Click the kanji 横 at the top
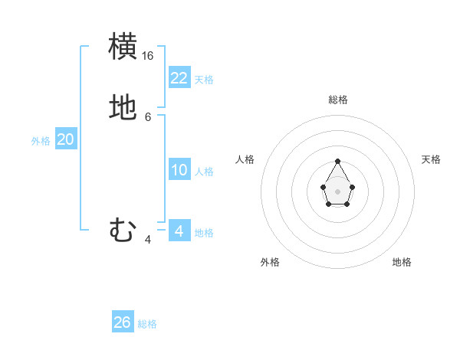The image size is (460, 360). point(123,47)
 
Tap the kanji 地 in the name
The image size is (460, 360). point(123,108)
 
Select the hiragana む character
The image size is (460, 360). point(123,230)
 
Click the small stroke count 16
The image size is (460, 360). point(148,56)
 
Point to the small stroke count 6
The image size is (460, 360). point(148,117)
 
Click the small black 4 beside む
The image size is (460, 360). point(148,240)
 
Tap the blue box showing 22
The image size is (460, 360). point(179,78)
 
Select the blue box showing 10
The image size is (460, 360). point(179,170)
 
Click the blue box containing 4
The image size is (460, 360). point(179,231)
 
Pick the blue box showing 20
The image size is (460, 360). point(66,139)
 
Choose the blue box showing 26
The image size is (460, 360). point(123,322)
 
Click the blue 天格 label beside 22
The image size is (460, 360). point(204,80)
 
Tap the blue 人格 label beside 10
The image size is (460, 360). point(205,172)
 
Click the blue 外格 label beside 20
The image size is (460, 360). point(41,141)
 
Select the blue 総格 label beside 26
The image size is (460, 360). point(147,324)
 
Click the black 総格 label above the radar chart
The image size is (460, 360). point(337,100)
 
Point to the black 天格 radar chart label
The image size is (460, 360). point(431,159)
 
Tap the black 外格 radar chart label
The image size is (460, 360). point(270,262)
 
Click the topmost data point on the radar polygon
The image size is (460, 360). point(337,161)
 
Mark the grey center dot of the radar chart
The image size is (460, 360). point(337,191)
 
